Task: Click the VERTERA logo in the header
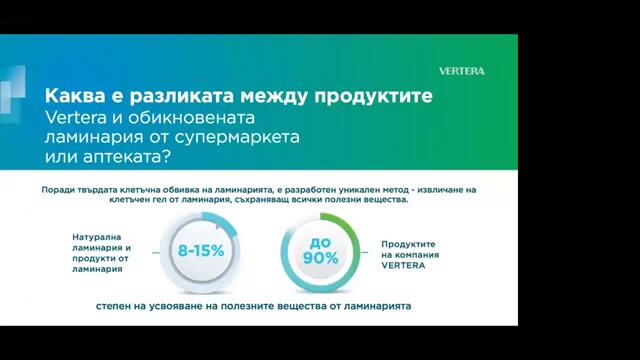[x=462, y=71]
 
